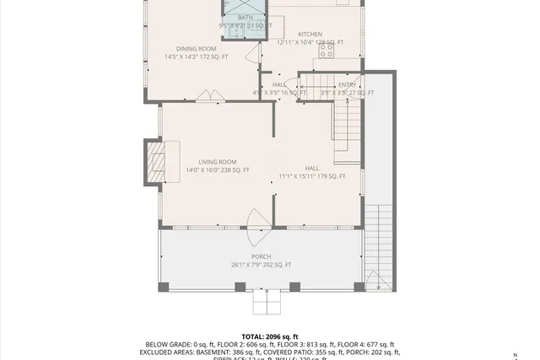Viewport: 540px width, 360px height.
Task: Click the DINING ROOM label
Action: click(196, 49)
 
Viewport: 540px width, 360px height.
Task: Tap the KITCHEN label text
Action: click(310, 34)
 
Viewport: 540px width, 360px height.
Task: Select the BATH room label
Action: click(245, 18)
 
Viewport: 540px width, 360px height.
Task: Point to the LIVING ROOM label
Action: click(218, 162)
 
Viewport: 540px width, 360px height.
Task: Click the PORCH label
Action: click(261, 256)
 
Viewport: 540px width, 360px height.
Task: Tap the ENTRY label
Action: click(348, 84)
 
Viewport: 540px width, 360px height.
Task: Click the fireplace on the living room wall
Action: click(154, 161)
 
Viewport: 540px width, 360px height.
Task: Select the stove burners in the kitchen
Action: click(327, 54)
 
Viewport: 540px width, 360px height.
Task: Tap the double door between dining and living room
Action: click(205, 98)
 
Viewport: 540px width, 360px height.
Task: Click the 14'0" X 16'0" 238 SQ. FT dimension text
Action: click(218, 170)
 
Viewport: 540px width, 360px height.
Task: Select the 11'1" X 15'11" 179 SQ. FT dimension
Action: click(312, 176)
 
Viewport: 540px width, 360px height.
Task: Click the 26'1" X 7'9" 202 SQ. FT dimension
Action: click(261, 265)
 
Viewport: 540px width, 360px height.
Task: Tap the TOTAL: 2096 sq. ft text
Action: click(270, 336)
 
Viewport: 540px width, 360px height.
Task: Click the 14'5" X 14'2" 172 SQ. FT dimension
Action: click(196, 56)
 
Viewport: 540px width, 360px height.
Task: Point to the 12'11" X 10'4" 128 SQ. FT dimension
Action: click(310, 42)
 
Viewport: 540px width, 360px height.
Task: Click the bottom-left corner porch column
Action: click(164, 287)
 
